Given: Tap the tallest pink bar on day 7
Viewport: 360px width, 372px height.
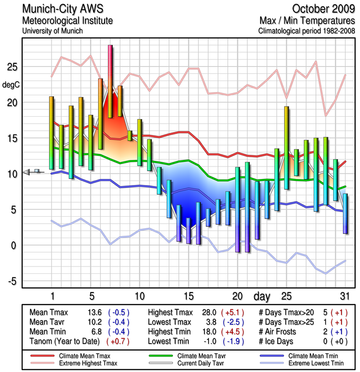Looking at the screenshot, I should [x=110, y=81].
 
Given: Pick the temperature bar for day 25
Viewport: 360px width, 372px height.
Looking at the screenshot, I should [x=287, y=148].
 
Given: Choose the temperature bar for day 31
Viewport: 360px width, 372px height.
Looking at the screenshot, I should [x=345, y=213].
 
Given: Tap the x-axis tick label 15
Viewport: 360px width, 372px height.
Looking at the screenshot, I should [x=188, y=296].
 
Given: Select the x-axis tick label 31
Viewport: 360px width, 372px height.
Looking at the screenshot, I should [x=344, y=296].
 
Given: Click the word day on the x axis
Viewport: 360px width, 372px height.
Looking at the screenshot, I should [x=262, y=296].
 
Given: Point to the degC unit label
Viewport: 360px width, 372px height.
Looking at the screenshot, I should [x=11, y=85].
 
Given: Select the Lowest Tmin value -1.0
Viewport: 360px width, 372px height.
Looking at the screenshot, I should [x=207, y=340].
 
